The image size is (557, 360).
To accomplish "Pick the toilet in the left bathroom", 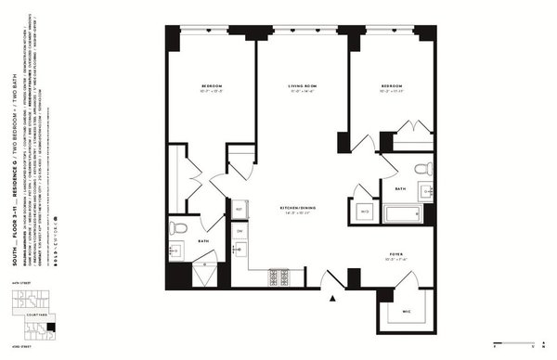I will [x=180, y=227].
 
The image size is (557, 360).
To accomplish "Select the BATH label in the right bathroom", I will [x=401, y=188].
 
